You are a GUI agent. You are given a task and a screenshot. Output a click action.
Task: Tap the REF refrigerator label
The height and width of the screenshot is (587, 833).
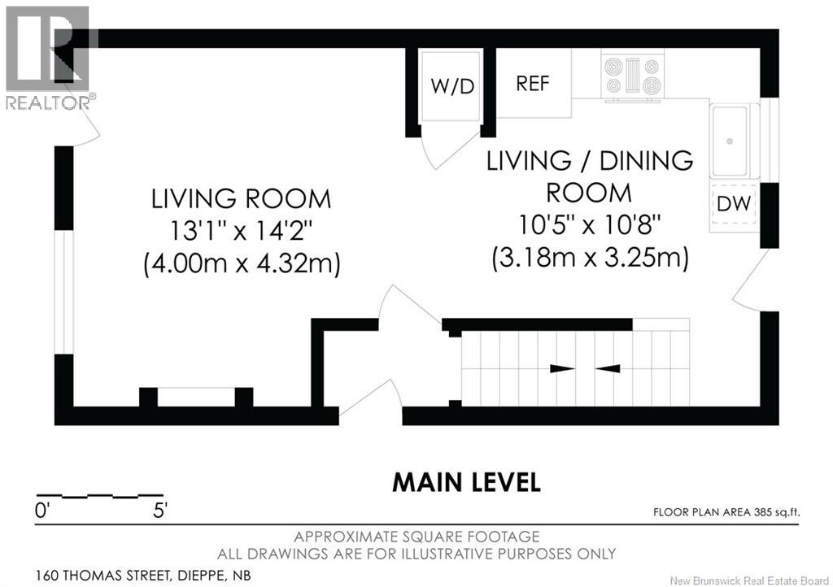pyautogui.click(x=533, y=84)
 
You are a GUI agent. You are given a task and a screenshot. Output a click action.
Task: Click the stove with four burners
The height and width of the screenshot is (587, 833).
pyautogui.click(x=630, y=75)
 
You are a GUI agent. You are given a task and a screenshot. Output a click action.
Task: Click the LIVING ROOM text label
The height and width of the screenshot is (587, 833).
pyautogui.click(x=241, y=198)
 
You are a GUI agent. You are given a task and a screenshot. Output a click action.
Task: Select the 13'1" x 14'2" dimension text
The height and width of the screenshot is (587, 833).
pyautogui.click(x=241, y=231)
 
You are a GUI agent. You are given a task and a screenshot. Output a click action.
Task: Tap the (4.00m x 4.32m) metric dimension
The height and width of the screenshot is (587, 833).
pyautogui.click(x=241, y=264)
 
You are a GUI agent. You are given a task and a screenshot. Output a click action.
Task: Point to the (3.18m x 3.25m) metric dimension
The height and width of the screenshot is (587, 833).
pyautogui.click(x=589, y=259)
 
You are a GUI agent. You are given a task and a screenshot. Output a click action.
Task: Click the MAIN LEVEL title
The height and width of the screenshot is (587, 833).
pyautogui.click(x=466, y=482)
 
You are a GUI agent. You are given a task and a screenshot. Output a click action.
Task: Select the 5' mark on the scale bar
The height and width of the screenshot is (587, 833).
pyautogui.click(x=160, y=511)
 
